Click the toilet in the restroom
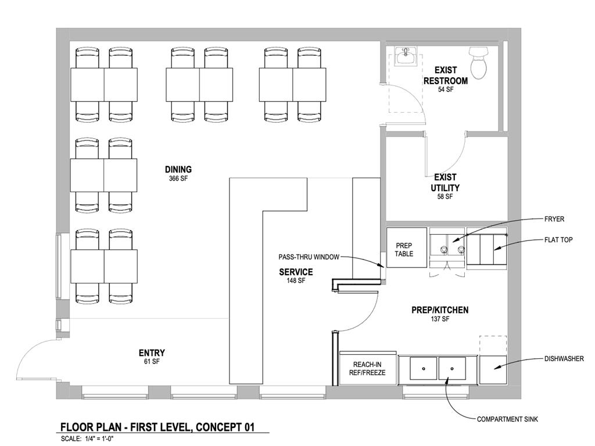479,63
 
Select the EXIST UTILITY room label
445,182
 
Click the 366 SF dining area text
178,179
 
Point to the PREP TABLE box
404,249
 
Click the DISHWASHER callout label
564,359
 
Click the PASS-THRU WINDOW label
308,257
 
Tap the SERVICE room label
296,272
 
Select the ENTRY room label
152,353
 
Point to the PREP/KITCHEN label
439,310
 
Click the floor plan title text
157,427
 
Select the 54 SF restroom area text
446,89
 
